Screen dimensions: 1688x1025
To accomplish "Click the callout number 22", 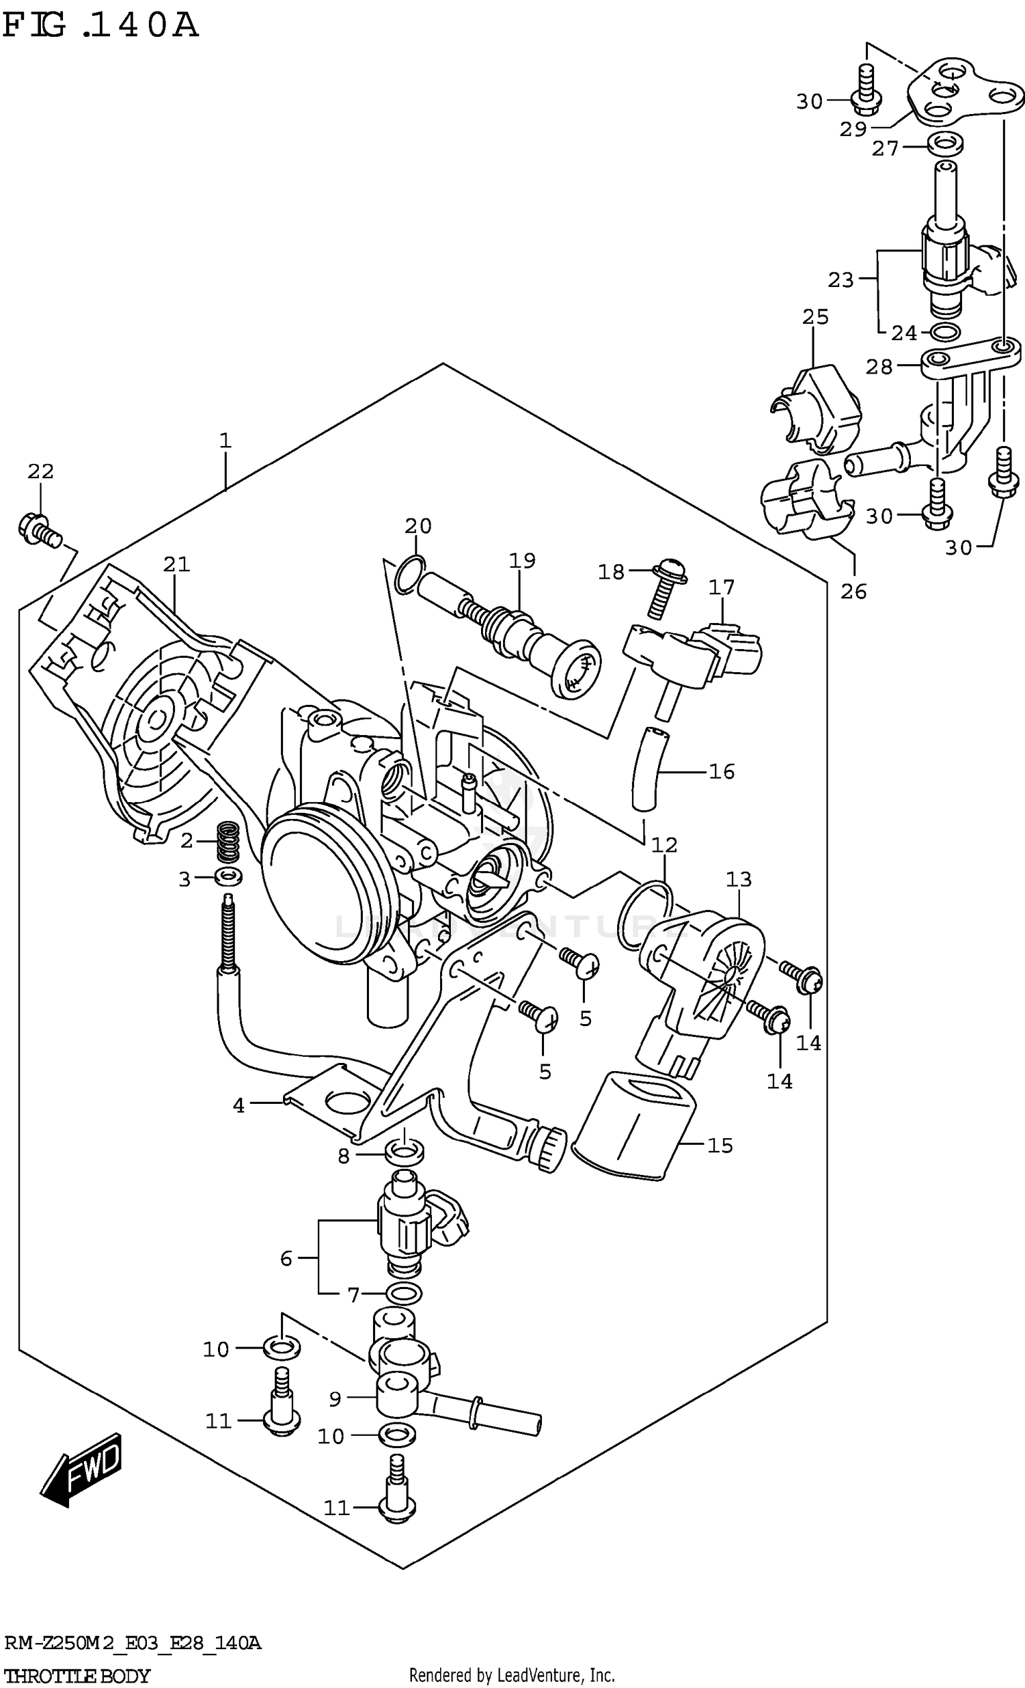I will coord(40,471).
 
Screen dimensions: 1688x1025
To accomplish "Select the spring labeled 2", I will coord(228,842).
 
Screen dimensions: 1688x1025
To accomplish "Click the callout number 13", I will coord(739,878).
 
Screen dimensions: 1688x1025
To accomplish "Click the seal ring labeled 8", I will coord(405,1153).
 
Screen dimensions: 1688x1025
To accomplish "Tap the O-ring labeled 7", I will coord(404,1293).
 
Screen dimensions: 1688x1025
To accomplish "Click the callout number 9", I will coord(334,1398).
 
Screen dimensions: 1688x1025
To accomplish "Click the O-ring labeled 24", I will coord(945,333).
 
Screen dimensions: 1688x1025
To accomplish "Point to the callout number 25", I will coord(815,316).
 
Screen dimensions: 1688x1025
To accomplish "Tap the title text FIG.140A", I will coord(100,26).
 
